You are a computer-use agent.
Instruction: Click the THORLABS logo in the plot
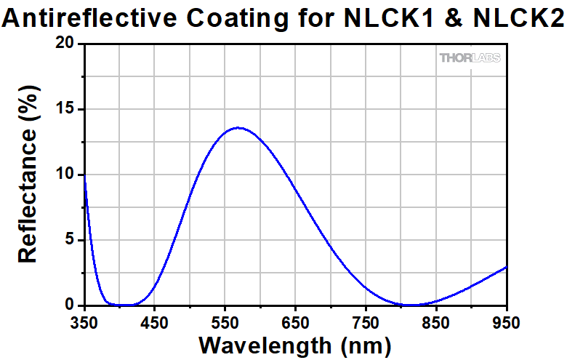tap(470, 57)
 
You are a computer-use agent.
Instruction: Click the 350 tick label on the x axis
tap(84, 321)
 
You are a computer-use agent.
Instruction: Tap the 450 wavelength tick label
tap(155, 321)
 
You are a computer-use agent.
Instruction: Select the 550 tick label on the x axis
tap(225, 321)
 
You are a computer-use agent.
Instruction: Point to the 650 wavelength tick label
tap(295, 321)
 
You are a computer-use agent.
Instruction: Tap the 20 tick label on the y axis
tap(65, 44)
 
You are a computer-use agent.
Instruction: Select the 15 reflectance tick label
tap(65, 110)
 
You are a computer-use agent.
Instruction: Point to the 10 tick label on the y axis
tap(65, 175)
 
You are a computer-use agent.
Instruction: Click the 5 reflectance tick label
tap(71, 240)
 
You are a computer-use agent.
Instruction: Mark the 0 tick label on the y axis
tap(71, 305)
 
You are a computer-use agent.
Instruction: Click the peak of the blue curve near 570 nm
tap(238, 128)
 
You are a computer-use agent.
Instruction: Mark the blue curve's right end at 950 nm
tap(506, 267)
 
